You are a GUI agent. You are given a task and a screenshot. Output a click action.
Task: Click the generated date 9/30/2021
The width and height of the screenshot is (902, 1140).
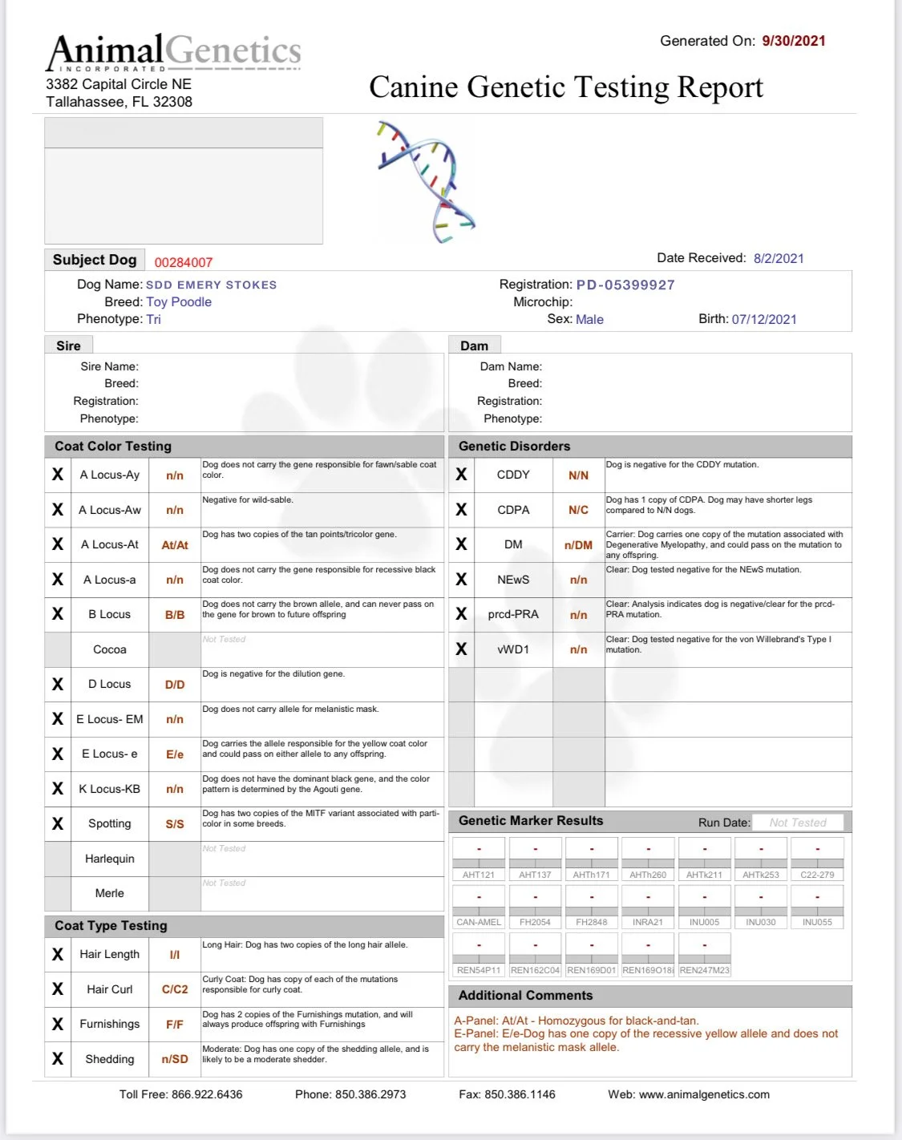pos(794,41)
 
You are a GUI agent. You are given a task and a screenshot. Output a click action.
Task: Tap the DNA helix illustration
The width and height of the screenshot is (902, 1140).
pos(426,181)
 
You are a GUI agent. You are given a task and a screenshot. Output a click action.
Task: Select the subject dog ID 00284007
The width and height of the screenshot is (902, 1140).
pos(184,262)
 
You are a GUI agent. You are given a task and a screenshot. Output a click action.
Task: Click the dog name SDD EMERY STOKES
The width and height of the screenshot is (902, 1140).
pos(212,285)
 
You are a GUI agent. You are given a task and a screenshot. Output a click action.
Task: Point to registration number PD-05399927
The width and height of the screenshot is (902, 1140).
pos(625,285)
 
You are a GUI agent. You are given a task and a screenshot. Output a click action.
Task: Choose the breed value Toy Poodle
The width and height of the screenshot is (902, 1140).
pos(179,302)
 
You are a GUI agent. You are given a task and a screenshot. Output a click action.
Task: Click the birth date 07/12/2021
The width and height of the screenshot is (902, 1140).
pos(764,319)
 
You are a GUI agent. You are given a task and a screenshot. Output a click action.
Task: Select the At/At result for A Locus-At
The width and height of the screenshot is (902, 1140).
pos(175,545)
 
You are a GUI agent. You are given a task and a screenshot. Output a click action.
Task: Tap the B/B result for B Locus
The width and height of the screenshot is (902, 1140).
pos(175,615)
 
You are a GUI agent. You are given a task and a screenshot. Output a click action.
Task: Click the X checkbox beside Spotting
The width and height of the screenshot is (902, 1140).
pos(58,824)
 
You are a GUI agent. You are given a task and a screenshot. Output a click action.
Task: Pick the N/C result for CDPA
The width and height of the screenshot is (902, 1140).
pos(578,510)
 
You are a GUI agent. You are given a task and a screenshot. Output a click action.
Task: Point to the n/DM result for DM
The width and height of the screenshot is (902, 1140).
pos(578,545)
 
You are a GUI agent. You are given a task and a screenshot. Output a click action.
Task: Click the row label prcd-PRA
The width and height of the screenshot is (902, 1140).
pos(513,615)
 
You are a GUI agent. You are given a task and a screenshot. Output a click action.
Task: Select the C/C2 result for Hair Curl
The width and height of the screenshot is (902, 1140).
pos(175,989)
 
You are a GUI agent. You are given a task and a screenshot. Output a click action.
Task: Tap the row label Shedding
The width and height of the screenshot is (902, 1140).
pos(110,1059)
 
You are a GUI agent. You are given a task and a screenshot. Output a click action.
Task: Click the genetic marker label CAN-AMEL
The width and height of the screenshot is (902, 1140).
pos(479,922)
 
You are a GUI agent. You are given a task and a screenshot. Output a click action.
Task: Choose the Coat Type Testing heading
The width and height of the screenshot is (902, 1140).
pos(111,925)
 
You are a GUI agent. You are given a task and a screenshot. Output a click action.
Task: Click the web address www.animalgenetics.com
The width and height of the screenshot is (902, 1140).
pos(704,1094)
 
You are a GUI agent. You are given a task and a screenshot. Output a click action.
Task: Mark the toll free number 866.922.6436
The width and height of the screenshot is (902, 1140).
pos(207,1094)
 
